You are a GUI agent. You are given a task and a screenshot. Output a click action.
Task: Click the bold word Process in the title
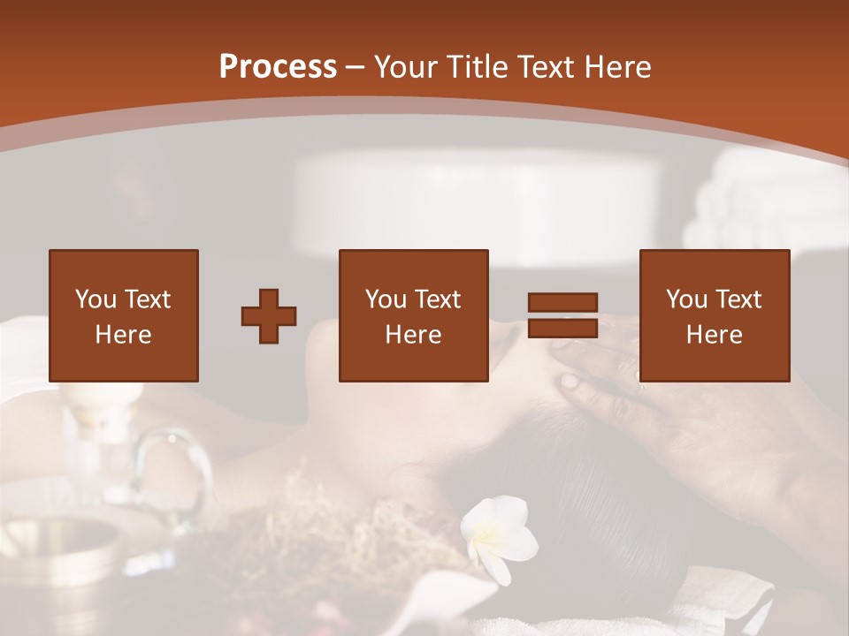(278, 67)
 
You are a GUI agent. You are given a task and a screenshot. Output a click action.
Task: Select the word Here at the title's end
(617, 67)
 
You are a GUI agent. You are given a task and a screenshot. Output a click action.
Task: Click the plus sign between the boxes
(269, 316)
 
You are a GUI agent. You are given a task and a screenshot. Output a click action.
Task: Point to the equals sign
(562, 315)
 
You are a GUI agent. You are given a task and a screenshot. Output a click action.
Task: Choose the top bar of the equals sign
(562, 303)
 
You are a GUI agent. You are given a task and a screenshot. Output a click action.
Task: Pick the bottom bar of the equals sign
(562, 328)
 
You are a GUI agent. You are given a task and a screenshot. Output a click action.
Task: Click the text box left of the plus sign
(123, 315)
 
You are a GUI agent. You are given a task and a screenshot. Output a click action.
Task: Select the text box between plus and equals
(413, 315)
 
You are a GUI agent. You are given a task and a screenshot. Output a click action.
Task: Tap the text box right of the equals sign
(714, 315)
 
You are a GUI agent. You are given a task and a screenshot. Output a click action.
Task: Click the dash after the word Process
(356, 68)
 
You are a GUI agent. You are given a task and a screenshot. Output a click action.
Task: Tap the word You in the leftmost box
(96, 300)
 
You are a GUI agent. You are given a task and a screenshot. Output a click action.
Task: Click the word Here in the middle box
(413, 335)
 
